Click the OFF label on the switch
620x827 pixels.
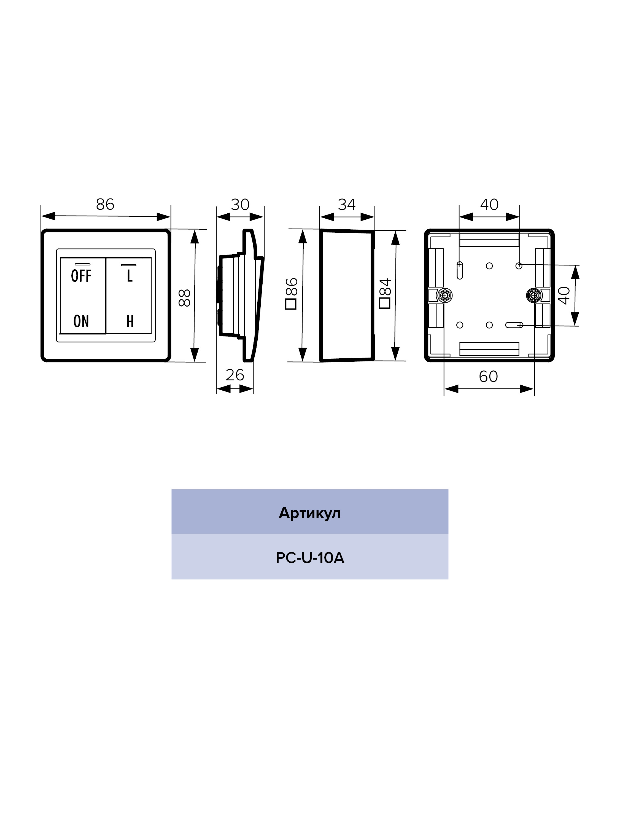(81, 276)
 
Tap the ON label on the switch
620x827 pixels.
(81, 321)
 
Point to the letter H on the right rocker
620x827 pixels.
(130, 321)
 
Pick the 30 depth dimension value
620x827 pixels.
(240, 205)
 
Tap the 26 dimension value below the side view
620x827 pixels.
(235, 375)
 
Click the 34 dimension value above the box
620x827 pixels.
(347, 205)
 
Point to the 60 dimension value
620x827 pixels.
(489, 377)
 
